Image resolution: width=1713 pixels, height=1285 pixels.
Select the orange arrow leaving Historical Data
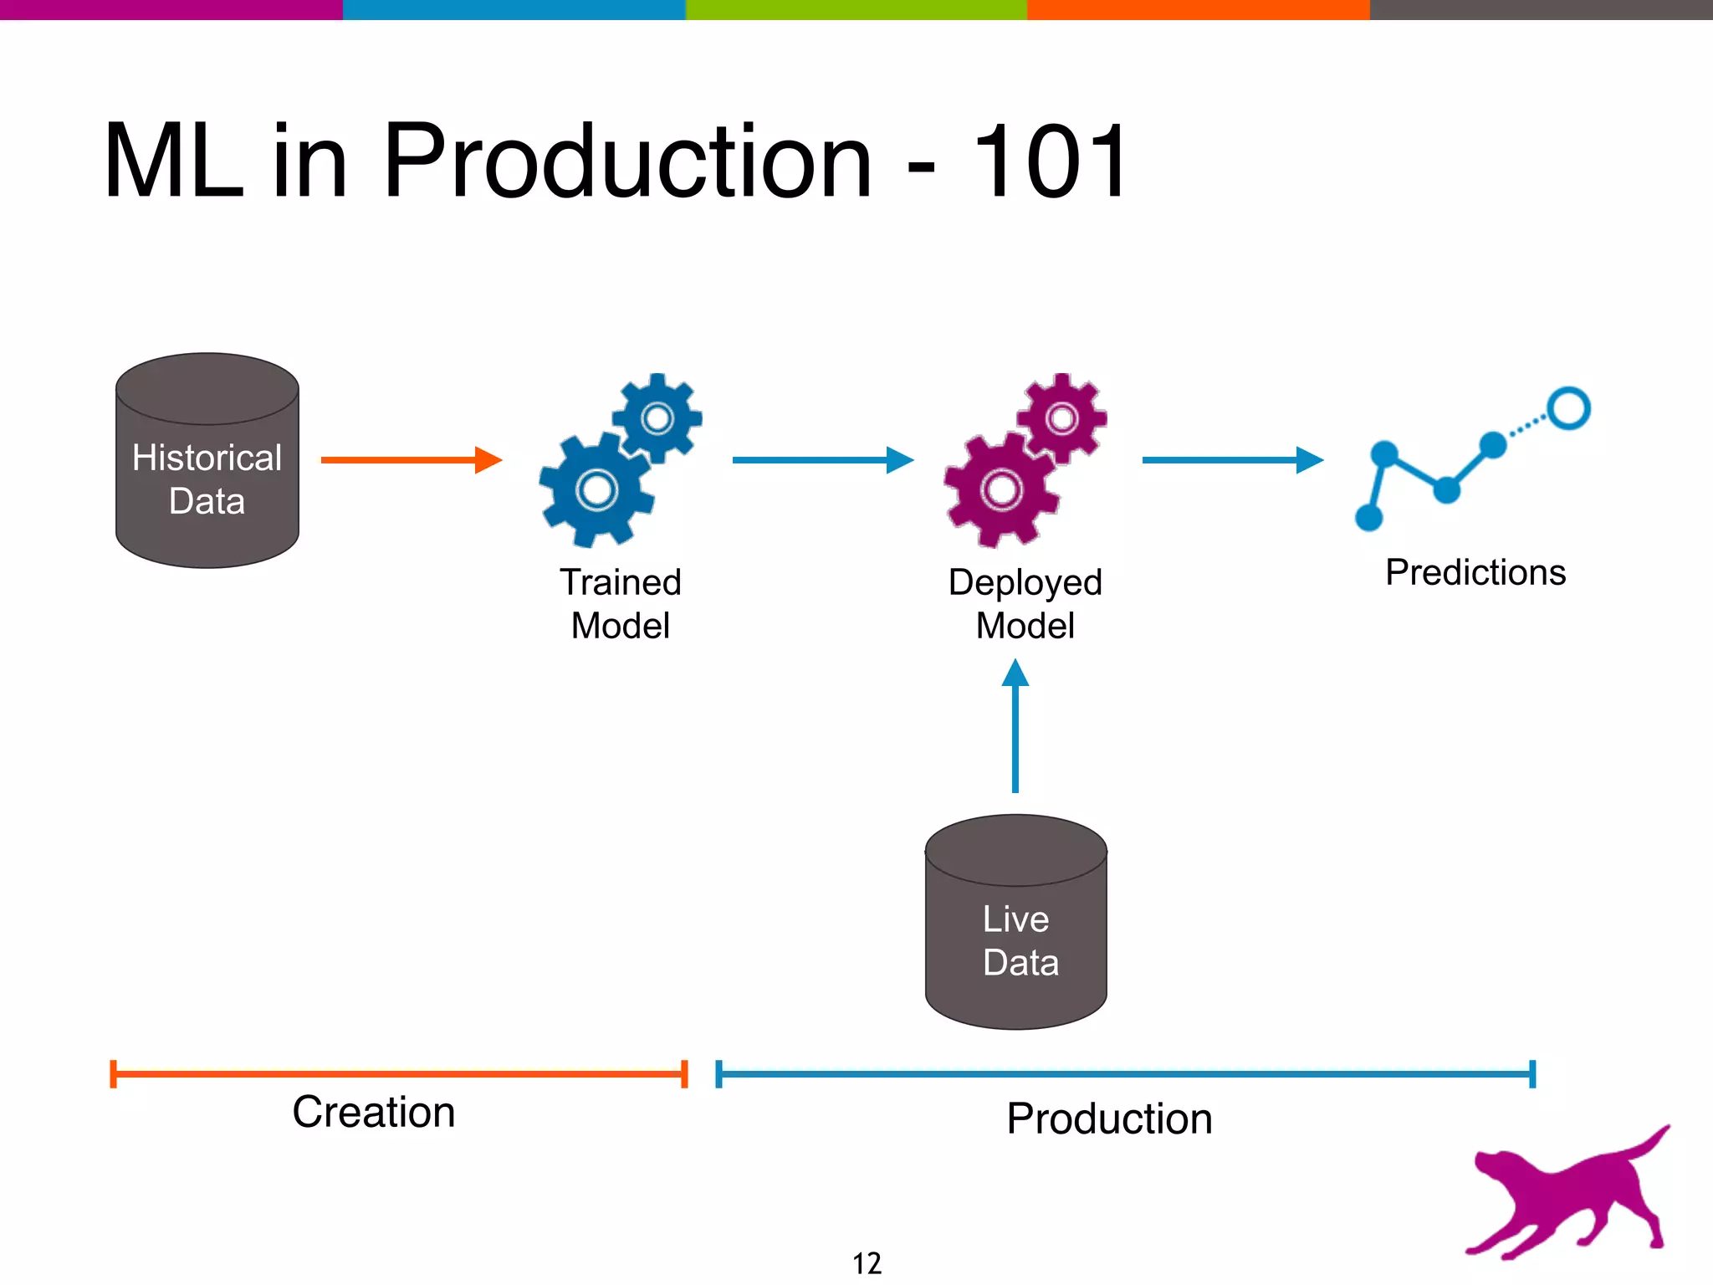tap(410, 459)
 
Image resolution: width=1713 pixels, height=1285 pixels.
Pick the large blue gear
tap(596, 490)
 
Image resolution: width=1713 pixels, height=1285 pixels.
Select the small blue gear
tap(657, 417)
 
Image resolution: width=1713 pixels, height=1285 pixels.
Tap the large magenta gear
tap(1000, 490)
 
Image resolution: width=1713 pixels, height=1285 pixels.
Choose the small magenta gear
tap(1062, 417)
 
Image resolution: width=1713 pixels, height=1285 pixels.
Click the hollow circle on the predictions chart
tap(1568, 408)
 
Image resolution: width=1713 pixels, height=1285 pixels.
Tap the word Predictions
tap(1475, 573)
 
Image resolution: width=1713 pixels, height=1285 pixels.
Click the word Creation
tap(374, 1113)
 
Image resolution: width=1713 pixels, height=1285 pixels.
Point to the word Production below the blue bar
tap(1109, 1119)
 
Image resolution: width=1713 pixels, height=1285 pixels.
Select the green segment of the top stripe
tap(856, 9)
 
